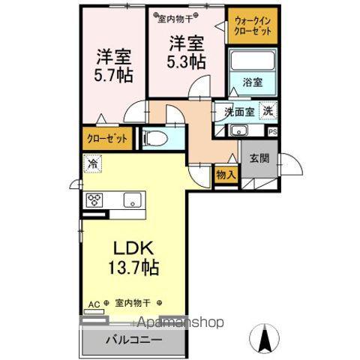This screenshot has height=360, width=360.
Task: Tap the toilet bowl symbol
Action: (x=152, y=138)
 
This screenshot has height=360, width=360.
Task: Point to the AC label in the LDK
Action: (x=94, y=303)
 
